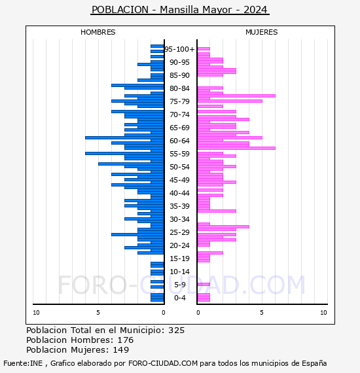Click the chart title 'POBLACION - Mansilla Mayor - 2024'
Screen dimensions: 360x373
tap(179, 10)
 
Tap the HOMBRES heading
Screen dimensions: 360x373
tap(98, 32)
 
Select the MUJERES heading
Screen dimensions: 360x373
tap(262, 32)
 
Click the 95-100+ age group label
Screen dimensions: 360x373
tap(179, 49)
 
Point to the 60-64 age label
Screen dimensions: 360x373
tap(179, 141)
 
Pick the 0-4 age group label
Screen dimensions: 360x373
tap(180, 298)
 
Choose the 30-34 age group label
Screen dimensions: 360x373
tap(179, 219)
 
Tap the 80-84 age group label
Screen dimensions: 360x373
tap(179, 88)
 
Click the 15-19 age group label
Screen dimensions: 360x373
tap(179, 258)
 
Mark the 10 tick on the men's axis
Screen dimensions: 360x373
tap(36, 313)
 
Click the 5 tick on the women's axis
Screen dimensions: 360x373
tap(262, 313)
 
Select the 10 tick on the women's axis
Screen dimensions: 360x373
tap(323, 313)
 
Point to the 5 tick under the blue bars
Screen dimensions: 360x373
tap(98, 313)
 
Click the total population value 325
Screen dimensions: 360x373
tap(176, 330)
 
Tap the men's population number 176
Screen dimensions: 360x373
tap(126, 340)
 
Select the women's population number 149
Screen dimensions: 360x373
tap(121, 350)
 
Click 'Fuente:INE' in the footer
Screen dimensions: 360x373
tap(23, 363)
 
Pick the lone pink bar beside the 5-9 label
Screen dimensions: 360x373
tap(204, 284)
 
